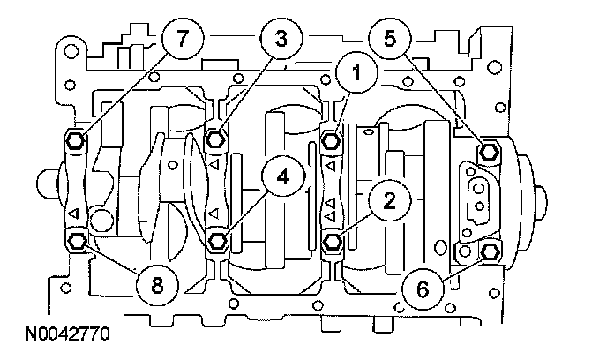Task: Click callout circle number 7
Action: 183,38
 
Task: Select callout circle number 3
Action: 281,38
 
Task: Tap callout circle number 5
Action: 390,38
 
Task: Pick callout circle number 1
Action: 356,72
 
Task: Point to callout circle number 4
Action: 283,176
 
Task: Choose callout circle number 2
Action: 389,200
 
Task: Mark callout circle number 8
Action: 157,286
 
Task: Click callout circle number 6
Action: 423,289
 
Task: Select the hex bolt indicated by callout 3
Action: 215,139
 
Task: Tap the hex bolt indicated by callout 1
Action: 331,140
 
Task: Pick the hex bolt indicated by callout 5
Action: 489,152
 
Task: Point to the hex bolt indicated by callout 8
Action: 76,242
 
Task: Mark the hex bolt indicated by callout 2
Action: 332,242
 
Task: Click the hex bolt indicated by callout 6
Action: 490,252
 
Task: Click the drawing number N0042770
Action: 67,334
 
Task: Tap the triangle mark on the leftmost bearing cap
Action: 73,214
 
